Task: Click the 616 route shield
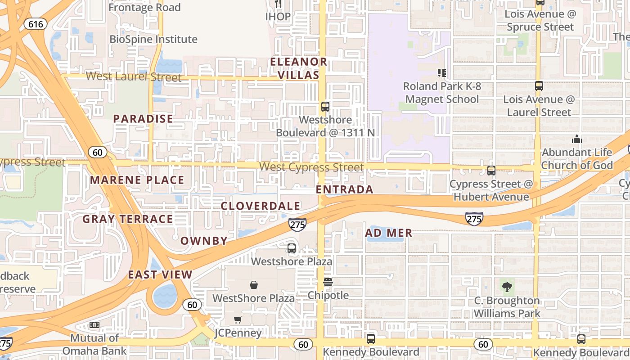(36, 23)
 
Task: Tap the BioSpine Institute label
(153, 39)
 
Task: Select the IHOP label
(278, 16)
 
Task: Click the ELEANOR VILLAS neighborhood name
(298, 68)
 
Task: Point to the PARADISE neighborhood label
(143, 119)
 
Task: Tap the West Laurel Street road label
(134, 76)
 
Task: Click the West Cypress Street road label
(311, 167)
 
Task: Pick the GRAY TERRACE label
(128, 219)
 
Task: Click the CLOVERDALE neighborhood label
(261, 206)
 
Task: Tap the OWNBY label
(204, 241)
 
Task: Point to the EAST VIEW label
(160, 274)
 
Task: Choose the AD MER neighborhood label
(389, 233)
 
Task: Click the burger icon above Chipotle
(328, 282)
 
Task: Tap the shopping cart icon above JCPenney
(238, 319)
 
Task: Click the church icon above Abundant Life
(577, 139)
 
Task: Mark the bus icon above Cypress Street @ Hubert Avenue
(491, 171)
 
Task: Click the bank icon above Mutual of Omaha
(94, 325)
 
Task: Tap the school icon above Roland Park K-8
(441, 72)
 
